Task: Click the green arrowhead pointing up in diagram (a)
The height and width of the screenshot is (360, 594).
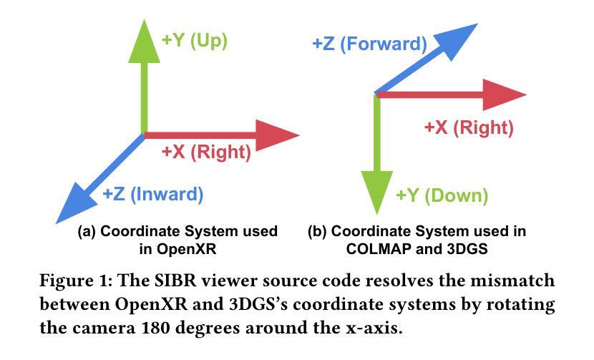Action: (x=144, y=44)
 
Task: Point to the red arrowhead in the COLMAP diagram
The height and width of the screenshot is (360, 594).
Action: (x=504, y=94)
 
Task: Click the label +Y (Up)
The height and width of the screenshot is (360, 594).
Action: (x=195, y=41)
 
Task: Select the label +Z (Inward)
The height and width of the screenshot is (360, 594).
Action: (x=153, y=195)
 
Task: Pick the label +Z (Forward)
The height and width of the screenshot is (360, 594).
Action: (x=370, y=44)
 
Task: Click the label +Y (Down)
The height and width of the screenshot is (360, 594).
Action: (x=442, y=196)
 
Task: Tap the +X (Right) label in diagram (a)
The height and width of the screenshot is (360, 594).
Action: (x=206, y=152)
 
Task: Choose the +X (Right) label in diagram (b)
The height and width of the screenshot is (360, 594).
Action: (x=469, y=127)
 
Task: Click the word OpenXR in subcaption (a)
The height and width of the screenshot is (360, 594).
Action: (x=186, y=249)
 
